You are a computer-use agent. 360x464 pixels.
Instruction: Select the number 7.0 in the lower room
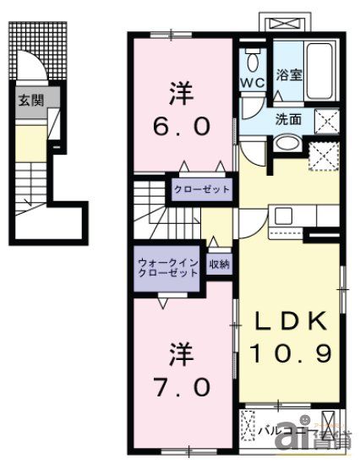tap(180, 363)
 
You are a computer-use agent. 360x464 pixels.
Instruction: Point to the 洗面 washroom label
tap(286, 119)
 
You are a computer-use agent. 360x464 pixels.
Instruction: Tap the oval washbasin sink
tap(286, 141)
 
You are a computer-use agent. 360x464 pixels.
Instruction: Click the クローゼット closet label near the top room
tap(202, 188)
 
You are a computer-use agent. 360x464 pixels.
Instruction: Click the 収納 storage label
tap(219, 265)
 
